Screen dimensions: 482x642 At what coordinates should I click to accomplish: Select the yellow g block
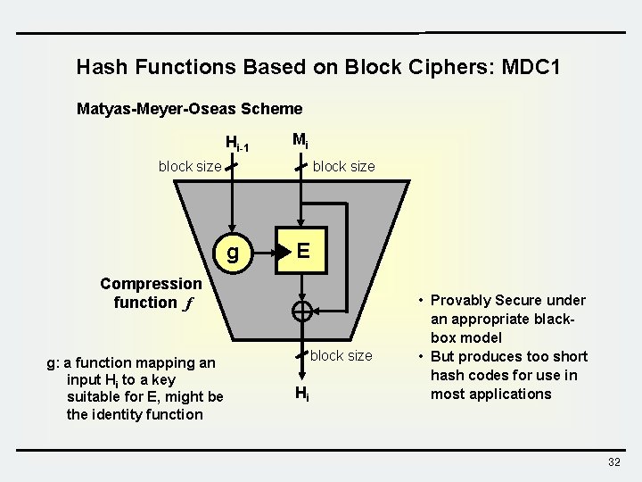click(233, 253)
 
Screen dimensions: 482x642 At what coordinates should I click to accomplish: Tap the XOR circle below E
click(303, 312)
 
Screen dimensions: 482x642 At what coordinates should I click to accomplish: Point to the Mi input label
click(300, 140)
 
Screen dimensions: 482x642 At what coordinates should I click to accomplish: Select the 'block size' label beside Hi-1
click(190, 166)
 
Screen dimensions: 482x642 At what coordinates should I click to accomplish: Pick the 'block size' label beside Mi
click(344, 166)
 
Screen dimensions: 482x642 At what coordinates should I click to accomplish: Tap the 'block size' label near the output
click(342, 355)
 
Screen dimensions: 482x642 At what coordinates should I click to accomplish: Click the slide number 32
click(613, 461)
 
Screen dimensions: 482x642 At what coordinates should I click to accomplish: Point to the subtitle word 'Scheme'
click(274, 109)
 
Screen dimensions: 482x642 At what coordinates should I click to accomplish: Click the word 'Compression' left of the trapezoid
click(151, 284)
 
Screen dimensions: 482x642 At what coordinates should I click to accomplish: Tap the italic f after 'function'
click(188, 303)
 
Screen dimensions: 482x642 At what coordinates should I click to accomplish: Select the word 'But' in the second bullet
click(445, 356)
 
